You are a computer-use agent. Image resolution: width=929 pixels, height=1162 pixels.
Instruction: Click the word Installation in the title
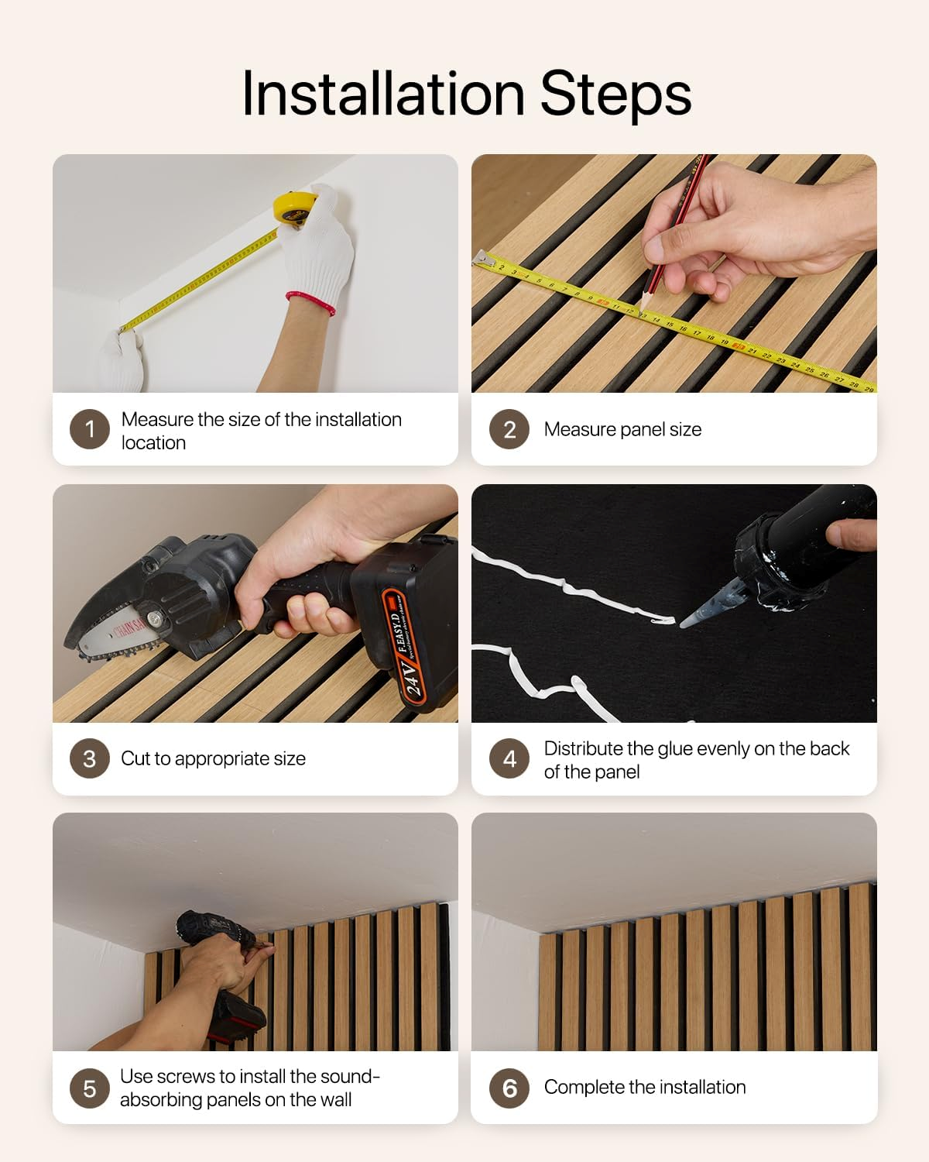[x=384, y=94]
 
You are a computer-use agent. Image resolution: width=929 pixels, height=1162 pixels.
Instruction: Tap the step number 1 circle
[x=90, y=429]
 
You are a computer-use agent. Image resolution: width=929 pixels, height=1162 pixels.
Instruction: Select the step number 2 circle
[x=509, y=429]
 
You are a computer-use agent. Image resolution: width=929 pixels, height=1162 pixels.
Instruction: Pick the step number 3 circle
[x=90, y=758]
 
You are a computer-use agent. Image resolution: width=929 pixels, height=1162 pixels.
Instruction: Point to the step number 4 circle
[x=509, y=758]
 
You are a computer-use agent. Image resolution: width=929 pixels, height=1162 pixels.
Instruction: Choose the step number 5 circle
[x=90, y=1088]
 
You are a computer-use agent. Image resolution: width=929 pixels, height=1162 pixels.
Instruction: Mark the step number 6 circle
[x=509, y=1088]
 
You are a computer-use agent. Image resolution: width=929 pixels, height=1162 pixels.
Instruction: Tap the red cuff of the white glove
[x=311, y=302]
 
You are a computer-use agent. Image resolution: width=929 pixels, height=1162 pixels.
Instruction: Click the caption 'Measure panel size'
[x=622, y=429]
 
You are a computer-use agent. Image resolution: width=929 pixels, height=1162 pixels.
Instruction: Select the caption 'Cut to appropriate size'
[x=213, y=758]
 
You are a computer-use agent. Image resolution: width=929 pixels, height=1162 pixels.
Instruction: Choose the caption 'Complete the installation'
[x=645, y=1087]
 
